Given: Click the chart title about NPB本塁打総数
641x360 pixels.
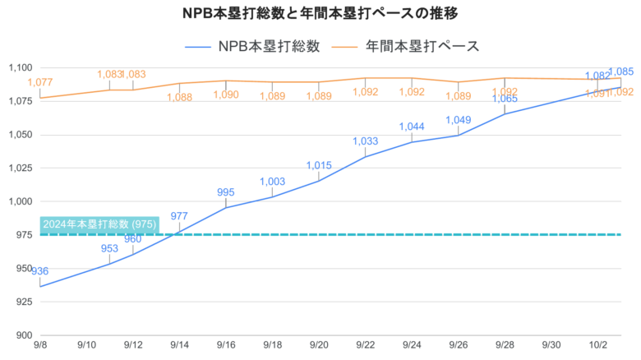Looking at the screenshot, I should pyautogui.click(x=320, y=14).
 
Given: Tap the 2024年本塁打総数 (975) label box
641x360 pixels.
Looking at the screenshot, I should pyautogui.click(x=93, y=224).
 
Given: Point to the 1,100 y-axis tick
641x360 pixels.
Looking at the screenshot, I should pyautogui.click(x=19, y=68).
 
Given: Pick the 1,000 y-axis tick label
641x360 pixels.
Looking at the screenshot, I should pyautogui.click(x=19, y=201).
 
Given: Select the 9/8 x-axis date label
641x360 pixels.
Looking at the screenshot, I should pyautogui.click(x=39, y=348).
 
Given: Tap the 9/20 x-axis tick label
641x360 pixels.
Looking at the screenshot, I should pyautogui.click(x=319, y=348).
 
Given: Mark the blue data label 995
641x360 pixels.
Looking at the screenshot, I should pyautogui.click(x=226, y=192).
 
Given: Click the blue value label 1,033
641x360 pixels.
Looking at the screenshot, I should pyautogui.click(x=365, y=141).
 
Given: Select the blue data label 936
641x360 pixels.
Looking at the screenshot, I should pyautogui.click(x=39, y=271).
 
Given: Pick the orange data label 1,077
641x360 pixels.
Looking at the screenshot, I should pyautogui.click(x=39, y=82).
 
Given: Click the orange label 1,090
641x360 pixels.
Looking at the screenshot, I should pyautogui.click(x=226, y=95).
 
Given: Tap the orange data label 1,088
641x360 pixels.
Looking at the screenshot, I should pyautogui.click(x=179, y=97).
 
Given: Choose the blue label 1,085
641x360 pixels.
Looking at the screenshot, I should pyautogui.click(x=620, y=72).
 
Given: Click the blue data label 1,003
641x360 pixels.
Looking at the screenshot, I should pyautogui.click(x=272, y=182).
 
